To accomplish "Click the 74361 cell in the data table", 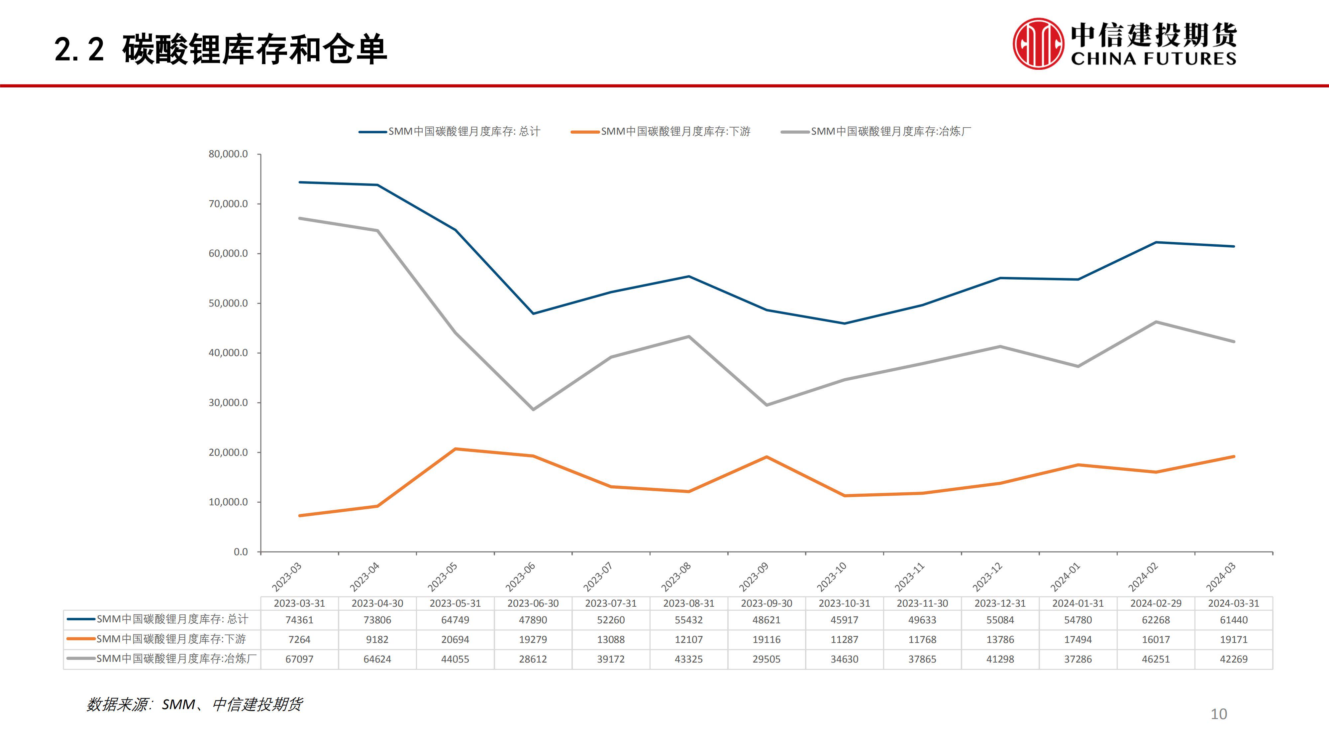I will click(299, 619).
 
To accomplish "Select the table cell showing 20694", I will click(455, 639).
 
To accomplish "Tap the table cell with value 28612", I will click(533, 659).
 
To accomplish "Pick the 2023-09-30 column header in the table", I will click(766, 603).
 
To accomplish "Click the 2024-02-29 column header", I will click(1156, 603).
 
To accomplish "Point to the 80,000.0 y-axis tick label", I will click(228, 154).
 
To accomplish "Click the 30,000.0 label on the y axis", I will click(228, 402).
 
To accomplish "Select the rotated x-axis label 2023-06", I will click(520, 576).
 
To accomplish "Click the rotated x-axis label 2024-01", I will click(1065, 576).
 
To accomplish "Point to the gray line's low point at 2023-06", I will click(533, 409).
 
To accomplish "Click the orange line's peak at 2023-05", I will click(455, 449).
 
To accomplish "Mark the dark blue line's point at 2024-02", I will click(1156, 242).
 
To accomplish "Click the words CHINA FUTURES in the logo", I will click(1154, 58).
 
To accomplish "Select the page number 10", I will click(1219, 714).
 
